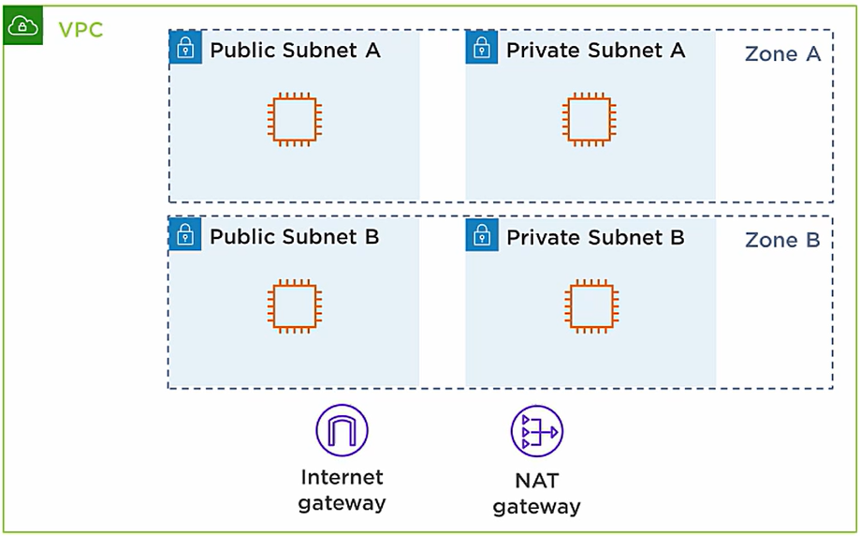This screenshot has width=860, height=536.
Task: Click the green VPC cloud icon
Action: pos(22,27)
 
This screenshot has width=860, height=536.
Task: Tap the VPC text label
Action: pos(80,30)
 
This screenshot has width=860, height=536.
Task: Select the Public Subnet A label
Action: pos(295,51)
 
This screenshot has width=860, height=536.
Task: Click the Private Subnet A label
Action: pos(595,51)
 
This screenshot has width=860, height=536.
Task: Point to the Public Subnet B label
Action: pos(294,237)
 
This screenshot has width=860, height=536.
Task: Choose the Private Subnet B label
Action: pos(595,237)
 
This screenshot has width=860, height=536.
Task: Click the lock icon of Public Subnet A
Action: pos(185,48)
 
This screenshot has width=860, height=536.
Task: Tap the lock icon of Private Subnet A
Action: pos(482,48)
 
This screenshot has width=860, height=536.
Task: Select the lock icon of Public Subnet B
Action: pos(185,234)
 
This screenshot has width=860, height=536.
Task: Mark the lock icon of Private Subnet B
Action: pos(482,234)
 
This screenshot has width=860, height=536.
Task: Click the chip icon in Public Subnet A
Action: pos(295,120)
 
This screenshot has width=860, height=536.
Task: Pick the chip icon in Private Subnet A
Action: pos(590,120)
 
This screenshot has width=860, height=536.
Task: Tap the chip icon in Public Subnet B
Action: pos(295,306)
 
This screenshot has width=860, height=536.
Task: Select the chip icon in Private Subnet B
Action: pos(590,306)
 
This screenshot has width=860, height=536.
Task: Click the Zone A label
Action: pos(782,54)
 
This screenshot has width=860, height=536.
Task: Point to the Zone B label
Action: pos(782,240)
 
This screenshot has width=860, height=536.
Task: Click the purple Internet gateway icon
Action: pos(342,430)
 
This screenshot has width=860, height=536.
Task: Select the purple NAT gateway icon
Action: pos(536,431)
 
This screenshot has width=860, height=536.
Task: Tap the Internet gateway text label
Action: pos(342,490)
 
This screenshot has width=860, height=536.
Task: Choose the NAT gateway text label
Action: pos(536,494)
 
